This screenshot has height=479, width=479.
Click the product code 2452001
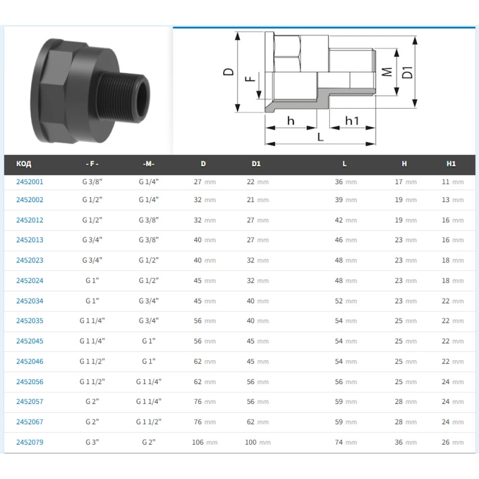(30, 182)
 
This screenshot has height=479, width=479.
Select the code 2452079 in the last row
(30, 442)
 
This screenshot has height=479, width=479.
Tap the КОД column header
(24, 164)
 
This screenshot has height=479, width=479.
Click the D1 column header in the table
(256, 164)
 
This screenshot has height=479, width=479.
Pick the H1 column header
(451, 164)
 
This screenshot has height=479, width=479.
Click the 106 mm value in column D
(205, 442)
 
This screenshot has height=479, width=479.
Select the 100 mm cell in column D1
(258, 442)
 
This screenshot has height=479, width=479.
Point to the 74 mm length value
(346, 442)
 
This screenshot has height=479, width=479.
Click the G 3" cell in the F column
(92, 442)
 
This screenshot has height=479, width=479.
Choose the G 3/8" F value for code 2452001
(92, 182)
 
